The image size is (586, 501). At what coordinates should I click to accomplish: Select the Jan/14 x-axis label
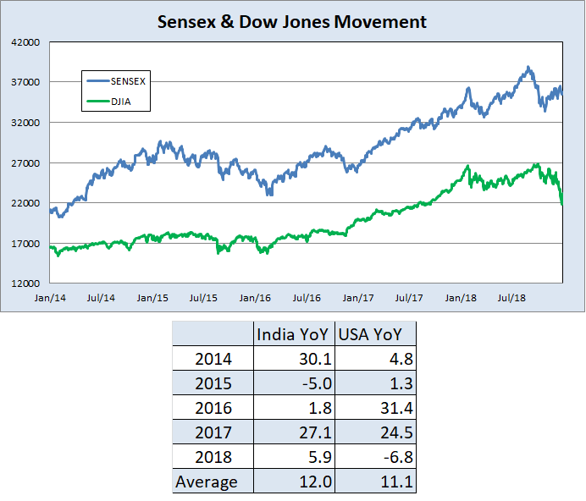[50, 299]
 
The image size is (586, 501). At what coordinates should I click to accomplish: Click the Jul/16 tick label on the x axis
[306, 299]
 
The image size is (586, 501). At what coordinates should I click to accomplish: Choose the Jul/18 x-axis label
[511, 299]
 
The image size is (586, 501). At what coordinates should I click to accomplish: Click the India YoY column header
[295, 333]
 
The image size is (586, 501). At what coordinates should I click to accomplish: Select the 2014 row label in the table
[213, 359]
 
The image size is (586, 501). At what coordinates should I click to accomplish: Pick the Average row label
[206, 482]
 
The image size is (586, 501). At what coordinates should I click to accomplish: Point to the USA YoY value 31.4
[394, 408]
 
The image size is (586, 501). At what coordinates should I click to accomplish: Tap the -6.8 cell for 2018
[395, 457]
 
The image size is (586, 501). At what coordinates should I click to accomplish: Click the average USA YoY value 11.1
[395, 482]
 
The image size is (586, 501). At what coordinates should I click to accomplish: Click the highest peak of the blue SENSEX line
[528, 67]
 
